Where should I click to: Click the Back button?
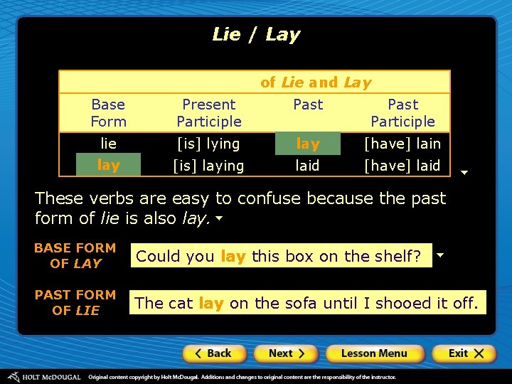[x=214, y=353]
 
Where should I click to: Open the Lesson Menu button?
[x=374, y=353]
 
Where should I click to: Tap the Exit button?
[x=463, y=353]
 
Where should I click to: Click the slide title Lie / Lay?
[x=256, y=34]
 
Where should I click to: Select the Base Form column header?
[x=108, y=113]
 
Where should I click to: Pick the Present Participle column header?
[x=209, y=113]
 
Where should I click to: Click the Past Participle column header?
[x=402, y=113]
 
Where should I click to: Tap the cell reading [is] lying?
[x=209, y=144]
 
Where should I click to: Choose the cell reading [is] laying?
[x=209, y=166]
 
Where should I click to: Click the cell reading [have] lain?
[x=402, y=144]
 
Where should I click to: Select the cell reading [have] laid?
[x=402, y=166]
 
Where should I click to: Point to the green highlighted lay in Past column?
[x=308, y=144]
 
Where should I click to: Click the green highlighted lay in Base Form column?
[x=108, y=165]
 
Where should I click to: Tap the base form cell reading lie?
[x=108, y=144]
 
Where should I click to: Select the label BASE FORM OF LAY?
[x=75, y=255]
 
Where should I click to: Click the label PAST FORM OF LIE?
[x=75, y=302]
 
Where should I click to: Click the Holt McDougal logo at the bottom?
[x=44, y=377]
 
